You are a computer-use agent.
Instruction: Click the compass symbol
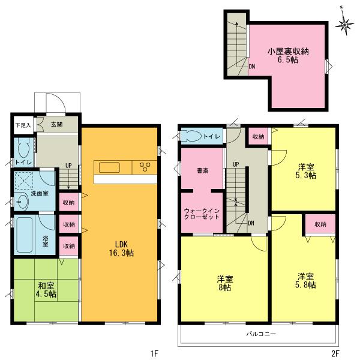pyautogui.click(x=344, y=25)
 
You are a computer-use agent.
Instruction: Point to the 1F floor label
pyautogui.click(x=153, y=353)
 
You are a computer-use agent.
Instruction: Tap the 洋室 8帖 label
pyautogui.click(x=225, y=283)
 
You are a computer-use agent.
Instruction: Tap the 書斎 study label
pyautogui.click(x=203, y=170)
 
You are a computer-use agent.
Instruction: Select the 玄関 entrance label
pyautogui.click(x=56, y=125)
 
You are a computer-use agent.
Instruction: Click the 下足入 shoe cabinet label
pyautogui.click(x=23, y=125)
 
